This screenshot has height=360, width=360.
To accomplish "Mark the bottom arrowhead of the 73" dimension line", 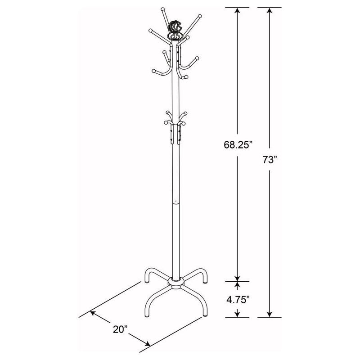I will pos(269,315).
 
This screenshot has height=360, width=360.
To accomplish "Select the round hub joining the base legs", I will pos(175,282).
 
